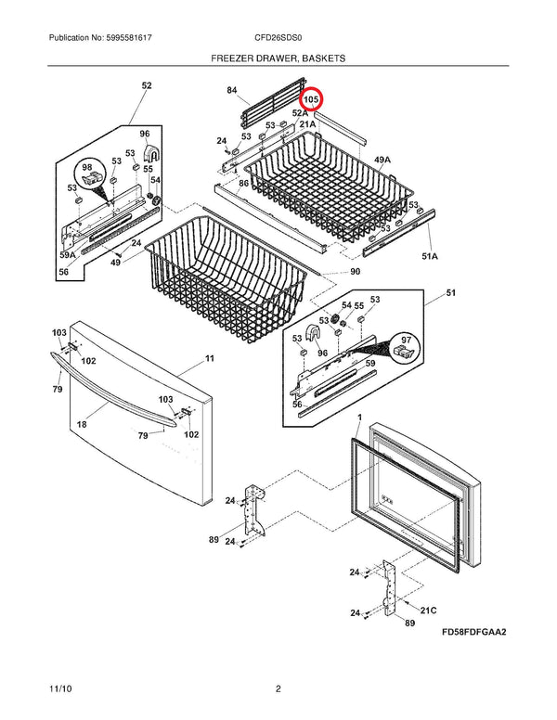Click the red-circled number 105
click(x=310, y=98)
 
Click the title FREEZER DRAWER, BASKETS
click(x=278, y=58)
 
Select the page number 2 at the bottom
click(x=278, y=688)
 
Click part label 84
click(x=231, y=91)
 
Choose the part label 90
click(x=355, y=271)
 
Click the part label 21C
click(x=429, y=611)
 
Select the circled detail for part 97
click(x=403, y=350)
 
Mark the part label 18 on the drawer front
click(x=82, y=424)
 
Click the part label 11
click(x=209, y=358)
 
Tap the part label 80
click(x=243, y=183)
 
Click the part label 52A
click(x=300, y=112)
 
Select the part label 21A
click(x=307, y=123)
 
